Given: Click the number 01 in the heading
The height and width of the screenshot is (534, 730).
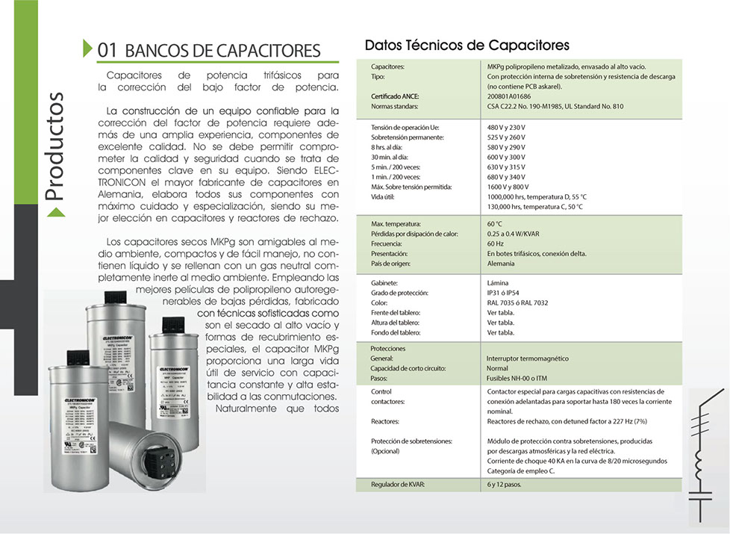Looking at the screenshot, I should coord(107,50).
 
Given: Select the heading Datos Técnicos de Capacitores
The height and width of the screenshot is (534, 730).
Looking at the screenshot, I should coord(467,46).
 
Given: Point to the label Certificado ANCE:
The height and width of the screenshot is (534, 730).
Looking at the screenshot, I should coord(395,96).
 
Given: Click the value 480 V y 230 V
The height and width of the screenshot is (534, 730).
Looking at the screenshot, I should coord(506,128).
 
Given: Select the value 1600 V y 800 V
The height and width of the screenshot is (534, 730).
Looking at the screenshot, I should coord(508,186).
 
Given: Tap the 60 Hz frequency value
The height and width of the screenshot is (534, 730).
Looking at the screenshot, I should coord(495,244).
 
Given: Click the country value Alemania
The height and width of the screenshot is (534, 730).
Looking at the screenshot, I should coord(501,264).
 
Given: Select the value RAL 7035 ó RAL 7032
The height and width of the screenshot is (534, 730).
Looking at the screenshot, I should coord(517,303).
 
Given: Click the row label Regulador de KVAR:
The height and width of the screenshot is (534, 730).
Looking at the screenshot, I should coord(398,485).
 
